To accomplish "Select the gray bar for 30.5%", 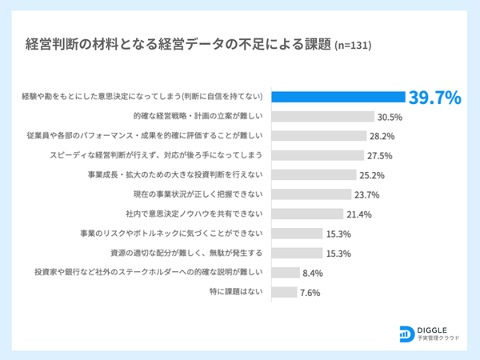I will click(x=323, y=117).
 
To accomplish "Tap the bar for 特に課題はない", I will click(x=285, y=292).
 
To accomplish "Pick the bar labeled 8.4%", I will click(x=286, y=273).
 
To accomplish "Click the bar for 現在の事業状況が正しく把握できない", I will click(x=311, y=194).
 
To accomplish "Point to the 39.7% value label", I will click(x=435, y=98).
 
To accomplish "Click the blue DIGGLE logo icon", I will click(x=405, y=333).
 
